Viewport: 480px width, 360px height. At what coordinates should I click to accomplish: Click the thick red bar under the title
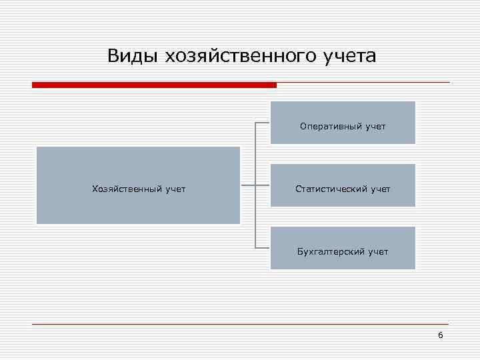click(x=153, y=85)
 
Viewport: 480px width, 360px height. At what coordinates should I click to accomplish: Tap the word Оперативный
click(x=329, y=126)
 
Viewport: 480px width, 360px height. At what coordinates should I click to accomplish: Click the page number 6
click(x=440, y=335)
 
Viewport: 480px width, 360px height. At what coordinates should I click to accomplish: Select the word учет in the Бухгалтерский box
click(x=377, y=252)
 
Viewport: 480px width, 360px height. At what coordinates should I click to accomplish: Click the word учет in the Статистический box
click(x=379, y=189)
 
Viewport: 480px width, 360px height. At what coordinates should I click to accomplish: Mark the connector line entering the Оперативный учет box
click(x=263, y=123)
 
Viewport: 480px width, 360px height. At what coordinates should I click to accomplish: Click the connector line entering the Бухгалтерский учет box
click(x=263, y=248)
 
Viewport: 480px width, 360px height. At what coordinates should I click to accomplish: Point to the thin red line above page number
click(x=240, y=324)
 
